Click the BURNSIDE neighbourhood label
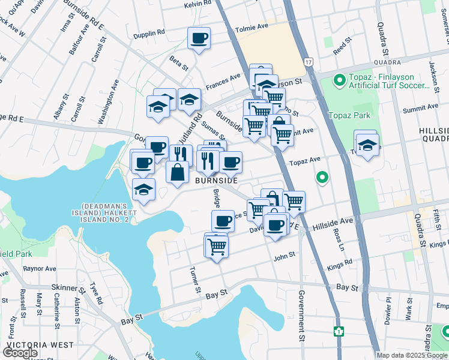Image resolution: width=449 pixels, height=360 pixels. click(x=216, y=180)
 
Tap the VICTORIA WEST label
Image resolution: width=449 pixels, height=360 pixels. click(x=40, y=346)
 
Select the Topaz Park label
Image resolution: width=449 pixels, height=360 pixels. click(x=349, y=115)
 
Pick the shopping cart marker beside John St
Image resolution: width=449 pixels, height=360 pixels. click(x=216, y=246)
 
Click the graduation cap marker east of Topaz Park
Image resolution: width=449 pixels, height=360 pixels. click(x=367, y=145)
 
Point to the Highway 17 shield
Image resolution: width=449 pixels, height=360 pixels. click(x=309, y=61)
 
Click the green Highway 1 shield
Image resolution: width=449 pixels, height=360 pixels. click(x=339, y=331)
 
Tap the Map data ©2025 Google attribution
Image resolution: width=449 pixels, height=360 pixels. click(x=412, y=355)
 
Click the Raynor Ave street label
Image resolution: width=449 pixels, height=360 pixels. click(x=40, y=269)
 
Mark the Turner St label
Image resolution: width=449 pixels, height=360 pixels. click(x=194, y=280)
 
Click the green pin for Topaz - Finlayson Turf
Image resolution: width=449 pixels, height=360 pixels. click(x=339, y=79)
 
